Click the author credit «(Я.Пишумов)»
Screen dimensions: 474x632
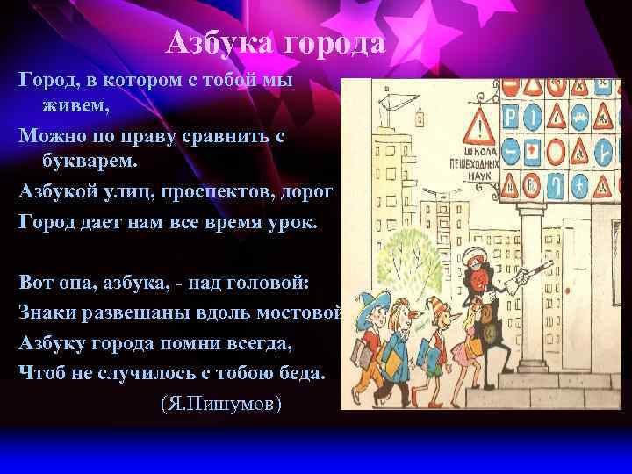point(221,405)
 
